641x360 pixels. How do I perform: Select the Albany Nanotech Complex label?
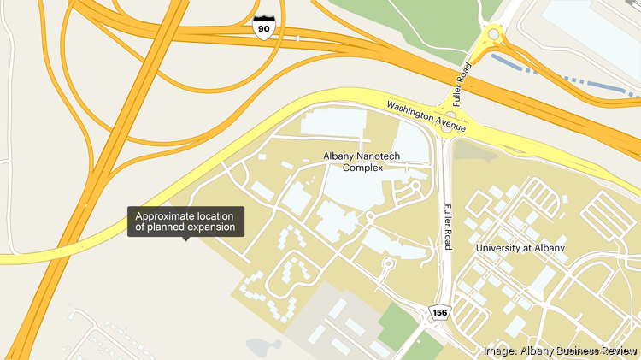click(x=363, y=162)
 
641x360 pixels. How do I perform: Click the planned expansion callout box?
click(x=186, y=221)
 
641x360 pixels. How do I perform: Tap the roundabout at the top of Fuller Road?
click(x=493, y=35)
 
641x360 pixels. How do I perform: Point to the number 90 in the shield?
click(x=264, y=29)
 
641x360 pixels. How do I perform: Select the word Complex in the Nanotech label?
click(x=363, y=168)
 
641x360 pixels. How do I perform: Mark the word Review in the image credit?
click(x=615, y=351)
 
